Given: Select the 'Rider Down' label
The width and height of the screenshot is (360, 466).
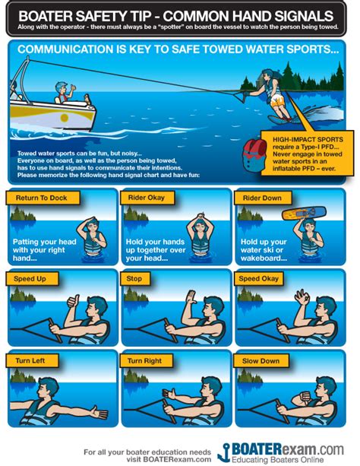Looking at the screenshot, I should tap(263, 198).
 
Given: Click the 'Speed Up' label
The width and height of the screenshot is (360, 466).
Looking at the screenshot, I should tap(30, 279).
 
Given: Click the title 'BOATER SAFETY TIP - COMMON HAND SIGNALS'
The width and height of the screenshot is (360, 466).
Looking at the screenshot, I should tap(180, 14).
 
